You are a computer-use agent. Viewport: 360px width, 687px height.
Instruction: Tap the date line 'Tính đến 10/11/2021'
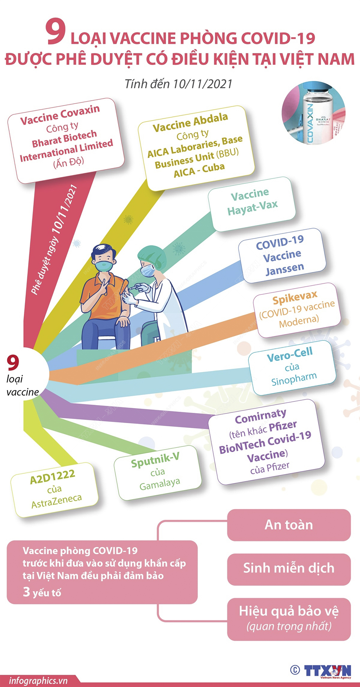coord(179,84)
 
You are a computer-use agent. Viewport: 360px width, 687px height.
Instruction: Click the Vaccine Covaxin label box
coord(66,140)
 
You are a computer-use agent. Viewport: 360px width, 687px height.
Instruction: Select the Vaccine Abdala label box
coord(196,147)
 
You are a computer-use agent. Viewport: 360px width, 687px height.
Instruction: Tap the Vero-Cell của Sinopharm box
coord(292,367)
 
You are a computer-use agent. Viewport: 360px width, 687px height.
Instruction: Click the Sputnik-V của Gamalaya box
coord(158,472)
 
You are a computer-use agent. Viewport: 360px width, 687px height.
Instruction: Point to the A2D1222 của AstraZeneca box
coord(54,489)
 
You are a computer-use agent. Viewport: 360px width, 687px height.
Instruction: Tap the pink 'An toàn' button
coord(289,525)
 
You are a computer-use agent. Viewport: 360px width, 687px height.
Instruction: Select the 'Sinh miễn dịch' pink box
coord(289,568)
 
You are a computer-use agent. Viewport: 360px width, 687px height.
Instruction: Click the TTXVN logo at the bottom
coord(327,670)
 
